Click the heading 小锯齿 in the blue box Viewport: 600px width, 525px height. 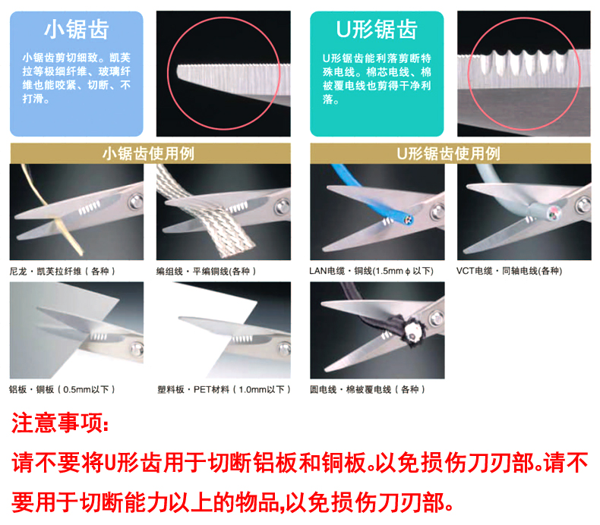(77, 30)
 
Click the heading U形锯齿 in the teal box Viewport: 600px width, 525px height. (377, 30)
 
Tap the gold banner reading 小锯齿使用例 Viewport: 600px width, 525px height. (150, 154)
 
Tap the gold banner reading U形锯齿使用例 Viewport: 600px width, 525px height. (450, 154)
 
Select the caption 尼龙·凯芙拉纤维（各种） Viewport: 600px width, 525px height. (62, 271)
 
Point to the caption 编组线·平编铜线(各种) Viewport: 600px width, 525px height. (207, 271)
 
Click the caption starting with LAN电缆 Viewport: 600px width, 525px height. (371, 271)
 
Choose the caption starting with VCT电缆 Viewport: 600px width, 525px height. (510, 271)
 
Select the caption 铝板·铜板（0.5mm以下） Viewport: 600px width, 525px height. (62, 390)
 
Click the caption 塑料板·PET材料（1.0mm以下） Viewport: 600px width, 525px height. (224, 390)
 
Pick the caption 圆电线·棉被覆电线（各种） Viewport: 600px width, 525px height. (368, 390)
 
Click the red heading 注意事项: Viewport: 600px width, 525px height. (60, 423)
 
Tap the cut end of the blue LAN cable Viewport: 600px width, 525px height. (408, 220)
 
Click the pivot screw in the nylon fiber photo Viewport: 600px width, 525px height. (135, 201)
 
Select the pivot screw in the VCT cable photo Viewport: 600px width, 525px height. (583, 205)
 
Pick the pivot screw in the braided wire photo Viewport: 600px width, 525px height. (283, 206)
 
